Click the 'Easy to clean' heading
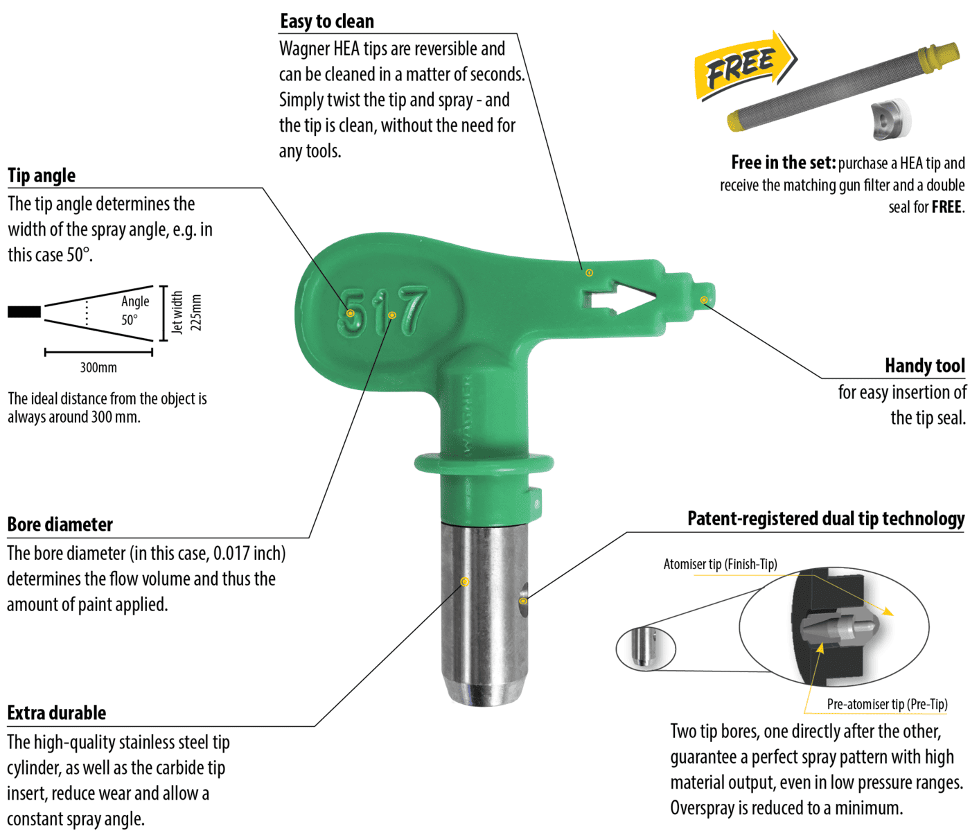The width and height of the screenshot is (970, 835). [x=327, y=21]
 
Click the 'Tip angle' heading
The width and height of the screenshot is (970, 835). [x=42, y=175]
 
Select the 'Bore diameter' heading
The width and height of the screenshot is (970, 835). [x=60, y=525]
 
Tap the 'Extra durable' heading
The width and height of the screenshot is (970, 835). [x=57, y=713]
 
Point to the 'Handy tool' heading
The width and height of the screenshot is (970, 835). [x=924, y=366]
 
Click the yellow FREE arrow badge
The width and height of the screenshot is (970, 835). [x=746, y=66]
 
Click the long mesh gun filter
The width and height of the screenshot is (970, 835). [x=843, y=87]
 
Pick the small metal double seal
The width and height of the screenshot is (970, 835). [x=890, y=120]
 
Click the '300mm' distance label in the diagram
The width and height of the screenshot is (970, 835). [x=98, y=367]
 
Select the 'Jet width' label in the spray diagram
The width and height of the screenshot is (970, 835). [x=177, y=312]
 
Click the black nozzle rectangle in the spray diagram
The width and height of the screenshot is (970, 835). [x=24, y=312]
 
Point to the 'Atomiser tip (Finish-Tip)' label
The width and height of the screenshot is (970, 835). [x=720, y=564]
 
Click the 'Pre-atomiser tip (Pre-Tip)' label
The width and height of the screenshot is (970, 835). [x=887, y=704]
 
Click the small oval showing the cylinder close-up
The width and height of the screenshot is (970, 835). [x=646, y=649]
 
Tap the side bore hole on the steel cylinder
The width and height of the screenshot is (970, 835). [x=524, y=599]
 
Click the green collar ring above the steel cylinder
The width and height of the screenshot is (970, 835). [x=484, y=463]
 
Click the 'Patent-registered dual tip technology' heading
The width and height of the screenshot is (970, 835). [x=826, y=518]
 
